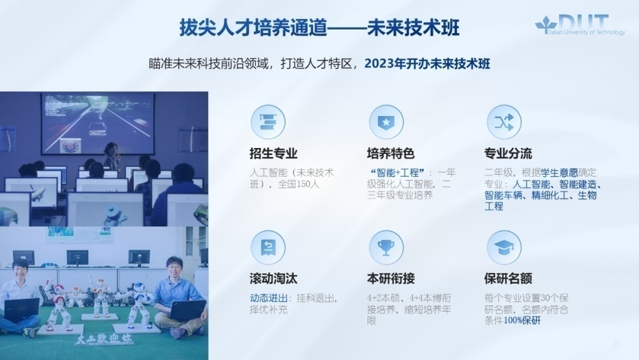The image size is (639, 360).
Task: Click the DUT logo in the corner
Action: coord(580,25)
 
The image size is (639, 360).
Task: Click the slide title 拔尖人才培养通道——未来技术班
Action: coord(319,28)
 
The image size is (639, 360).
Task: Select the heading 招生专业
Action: coord(273,154)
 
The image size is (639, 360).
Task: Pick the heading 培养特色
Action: coord(390,154)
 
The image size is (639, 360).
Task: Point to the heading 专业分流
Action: coord(508,154)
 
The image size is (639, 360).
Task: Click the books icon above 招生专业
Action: coord(267,122)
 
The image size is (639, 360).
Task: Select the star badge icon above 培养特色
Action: coord(386,122)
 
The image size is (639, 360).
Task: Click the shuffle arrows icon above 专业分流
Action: coord(504,122)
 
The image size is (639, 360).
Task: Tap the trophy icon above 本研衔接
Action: coord(386,247)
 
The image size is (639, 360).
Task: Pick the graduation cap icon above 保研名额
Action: coord(504,247)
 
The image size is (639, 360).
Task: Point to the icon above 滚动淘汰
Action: coord(267,247)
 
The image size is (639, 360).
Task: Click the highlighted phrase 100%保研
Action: coord(522,321)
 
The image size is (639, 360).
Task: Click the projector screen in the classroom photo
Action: coord(98,121)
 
